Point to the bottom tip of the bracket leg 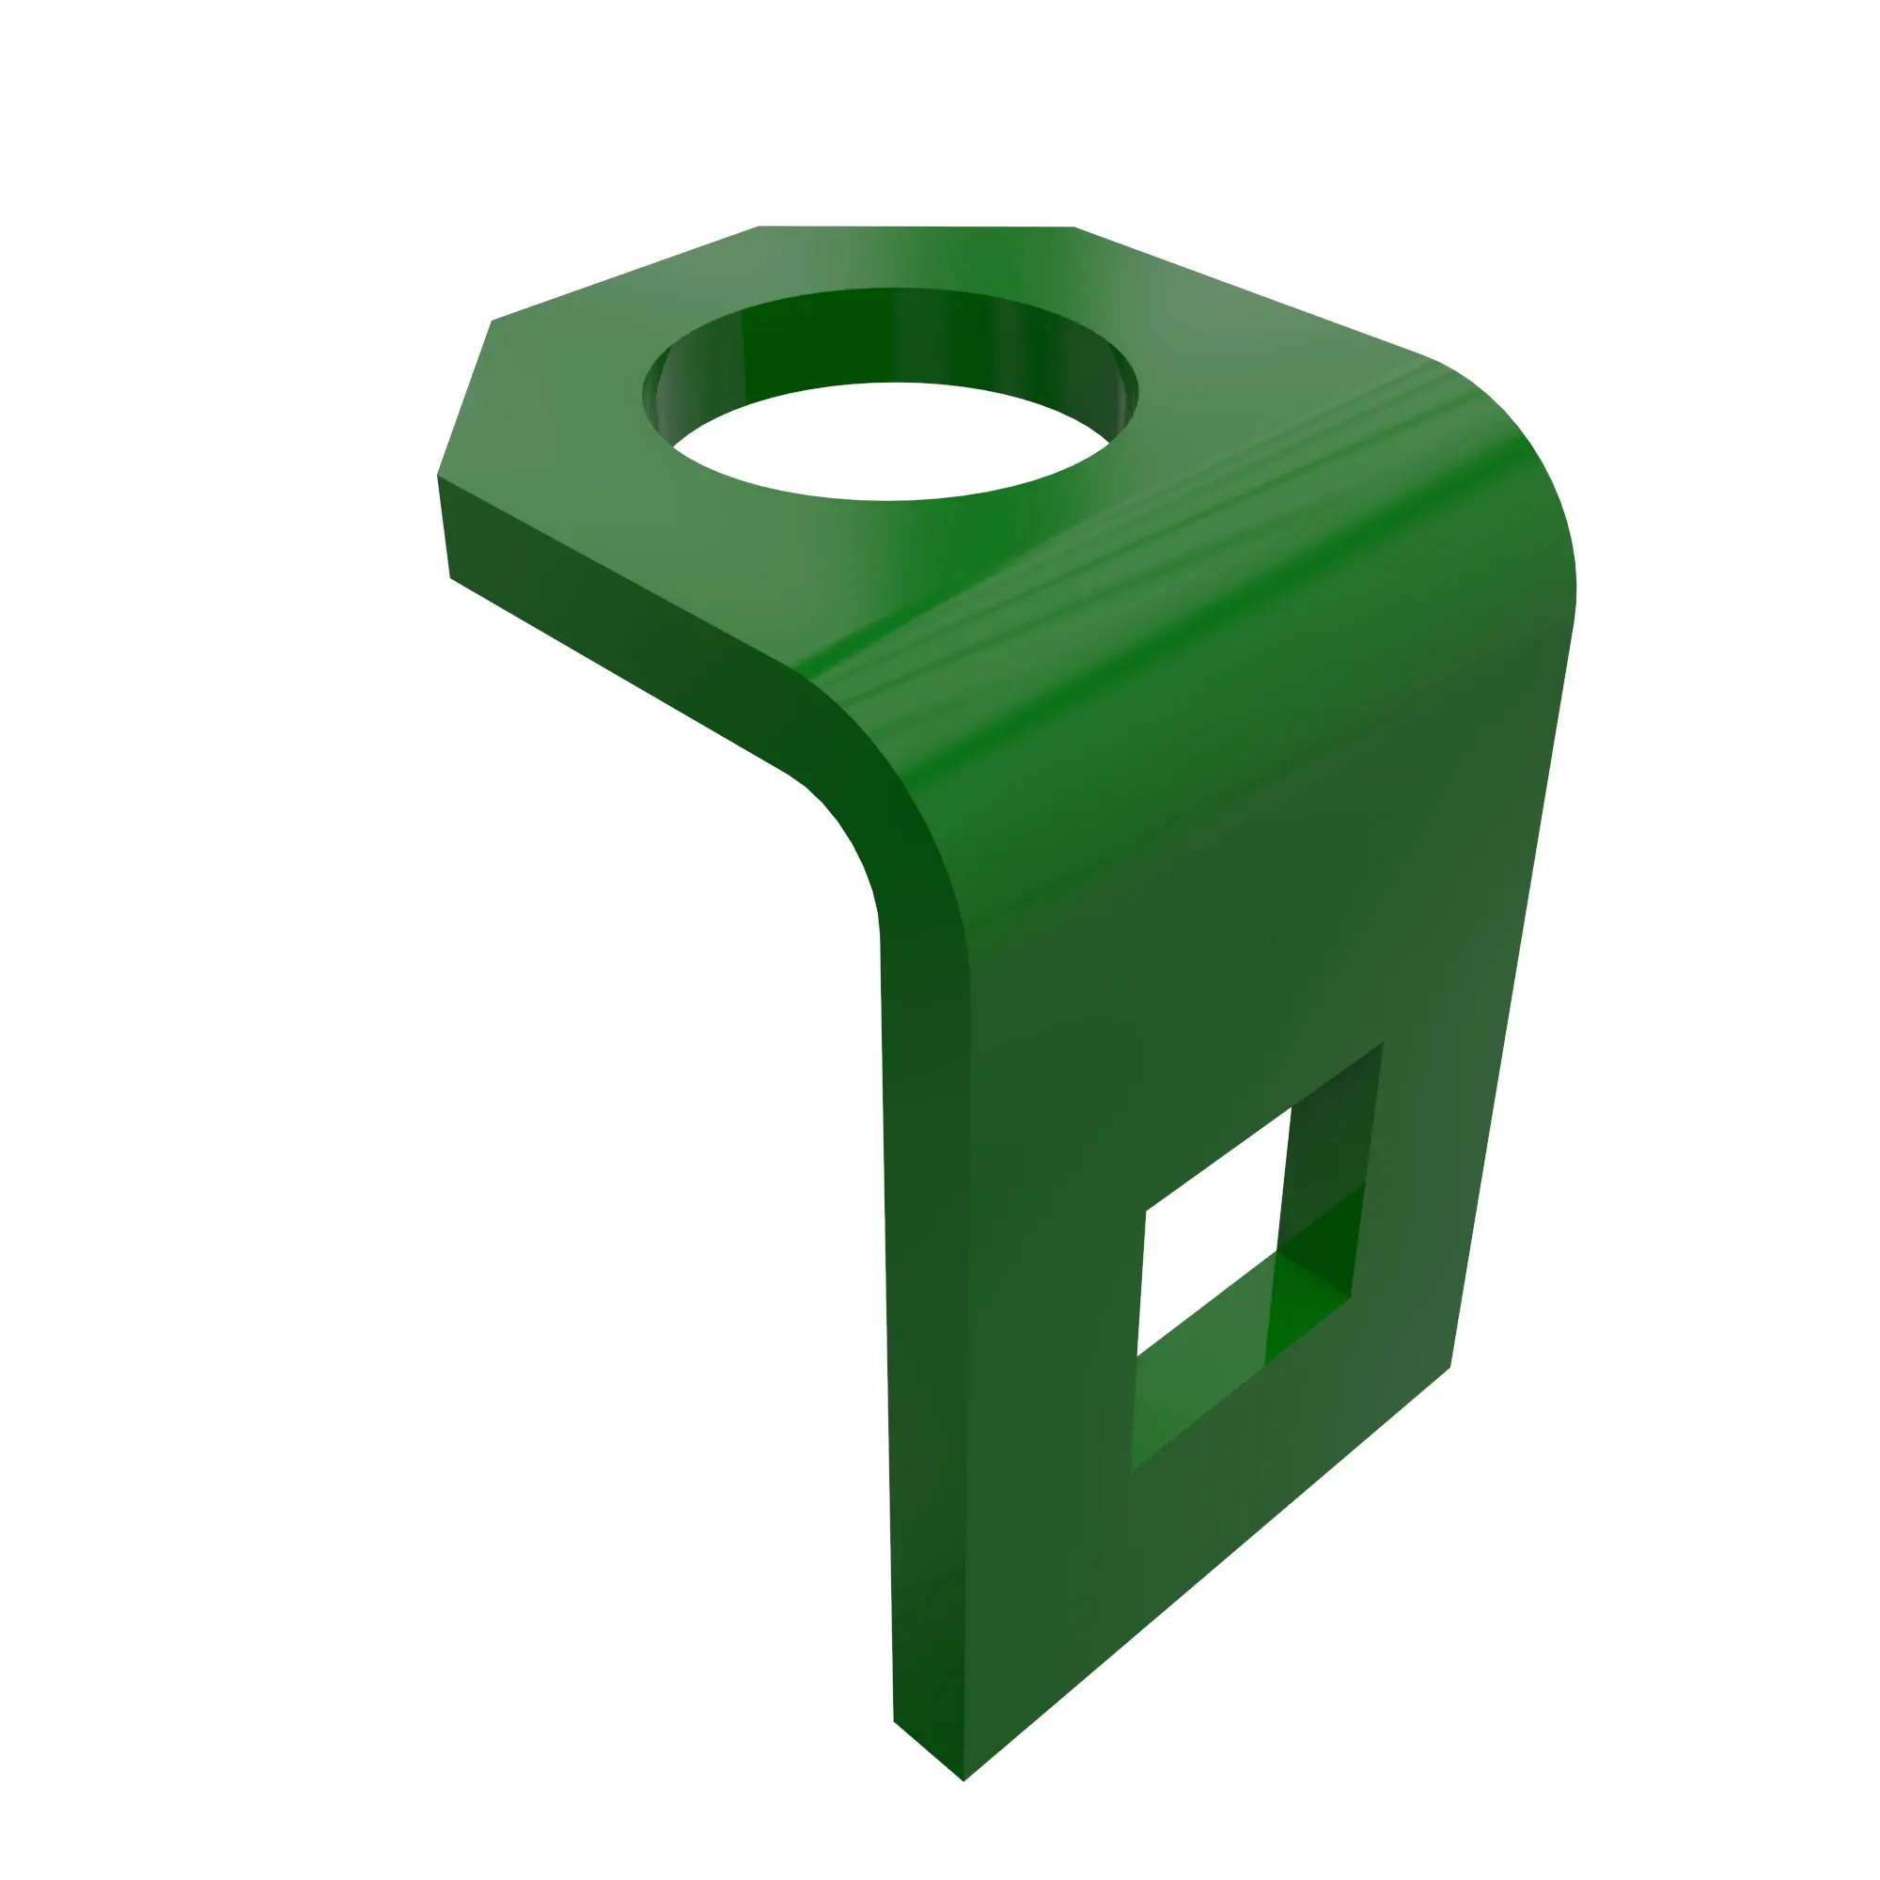click(x=963, y=1779)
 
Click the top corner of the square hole click(x=1383, y=1043)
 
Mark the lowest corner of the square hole click(x=1132, y=1471)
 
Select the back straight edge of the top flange click(x=915, y=227)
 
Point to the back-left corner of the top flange click(x=759, y=227)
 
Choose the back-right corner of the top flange click(x=1074, y=227)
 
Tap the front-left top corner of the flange click(x=438, y=475)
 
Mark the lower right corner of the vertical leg click(x=1449, y=1367)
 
